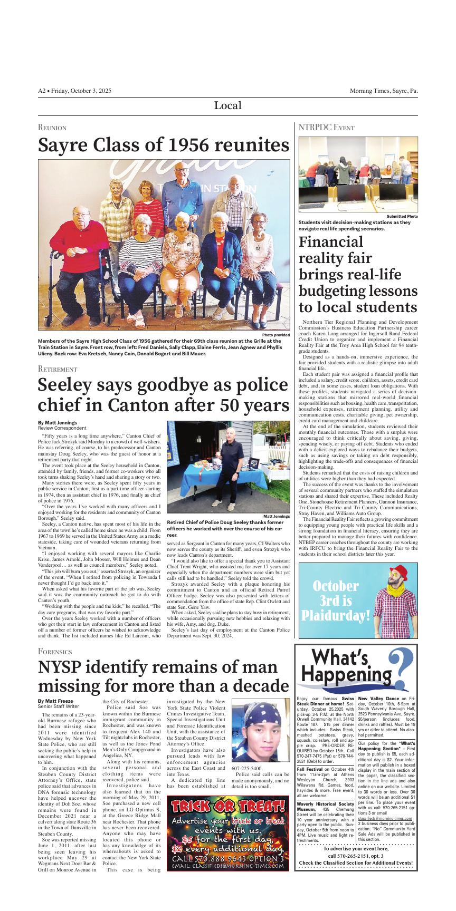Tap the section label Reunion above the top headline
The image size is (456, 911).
coord(52,128)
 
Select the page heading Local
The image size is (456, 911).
coord(227,105)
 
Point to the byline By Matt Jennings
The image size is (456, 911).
coord(58,422)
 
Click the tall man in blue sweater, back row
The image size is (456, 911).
coord(182,195)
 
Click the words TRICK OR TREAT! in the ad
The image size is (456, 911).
coord(228,806)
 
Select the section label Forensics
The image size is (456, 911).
coord(55,651)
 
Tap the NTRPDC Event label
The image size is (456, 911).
coord(326,128)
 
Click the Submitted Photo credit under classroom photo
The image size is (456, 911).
coord(402,217)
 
